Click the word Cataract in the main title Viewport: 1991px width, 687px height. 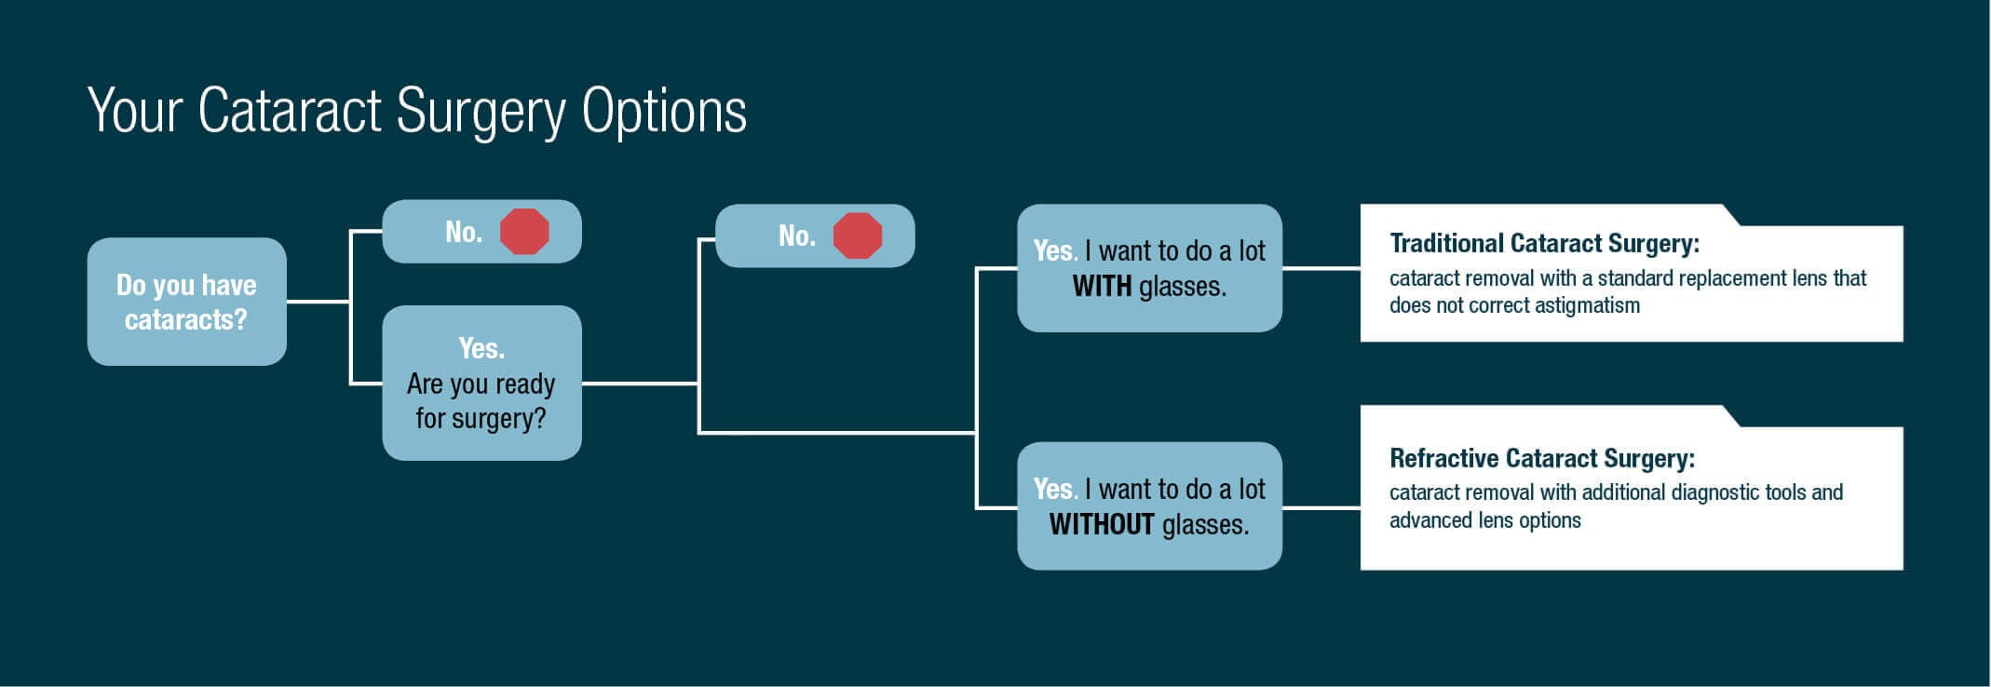click(x=290, y=111)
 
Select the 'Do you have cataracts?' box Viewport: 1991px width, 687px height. click(x=187, y=302)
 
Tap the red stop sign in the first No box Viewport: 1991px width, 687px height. click(x=524, y=232)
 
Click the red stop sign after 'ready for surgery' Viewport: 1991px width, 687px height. click(x=858, y=236)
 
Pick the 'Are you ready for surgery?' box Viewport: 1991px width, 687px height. click(x=482, y=383)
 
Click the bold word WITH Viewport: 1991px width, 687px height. click(x=1102, y=286)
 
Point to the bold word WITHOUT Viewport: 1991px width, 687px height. click(x=1102, y=524)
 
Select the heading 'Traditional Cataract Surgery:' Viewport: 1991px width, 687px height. click(x=1544, y=244)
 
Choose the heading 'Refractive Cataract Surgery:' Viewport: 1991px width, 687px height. click(x=1542, y=458)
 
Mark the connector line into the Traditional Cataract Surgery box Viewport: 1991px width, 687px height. click(x=1321, y=268)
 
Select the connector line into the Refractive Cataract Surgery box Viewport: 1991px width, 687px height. click(x=1321, y=507)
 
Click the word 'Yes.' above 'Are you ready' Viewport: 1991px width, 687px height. click(x=481, y=348)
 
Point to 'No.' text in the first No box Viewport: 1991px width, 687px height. click(x=464, y=232)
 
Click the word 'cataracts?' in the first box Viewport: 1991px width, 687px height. click(x=186, y=319)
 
